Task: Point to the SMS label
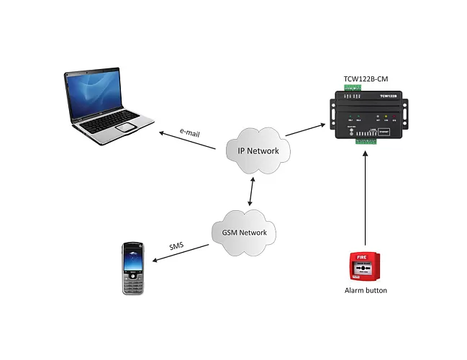click(176, 246)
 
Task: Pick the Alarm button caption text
click(366, 291)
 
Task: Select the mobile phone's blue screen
click(133, 259)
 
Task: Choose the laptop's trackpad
click(127, 127)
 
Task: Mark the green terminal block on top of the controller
click(354, 89)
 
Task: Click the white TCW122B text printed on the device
click(389, 95)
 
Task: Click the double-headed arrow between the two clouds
click(250, 192)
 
